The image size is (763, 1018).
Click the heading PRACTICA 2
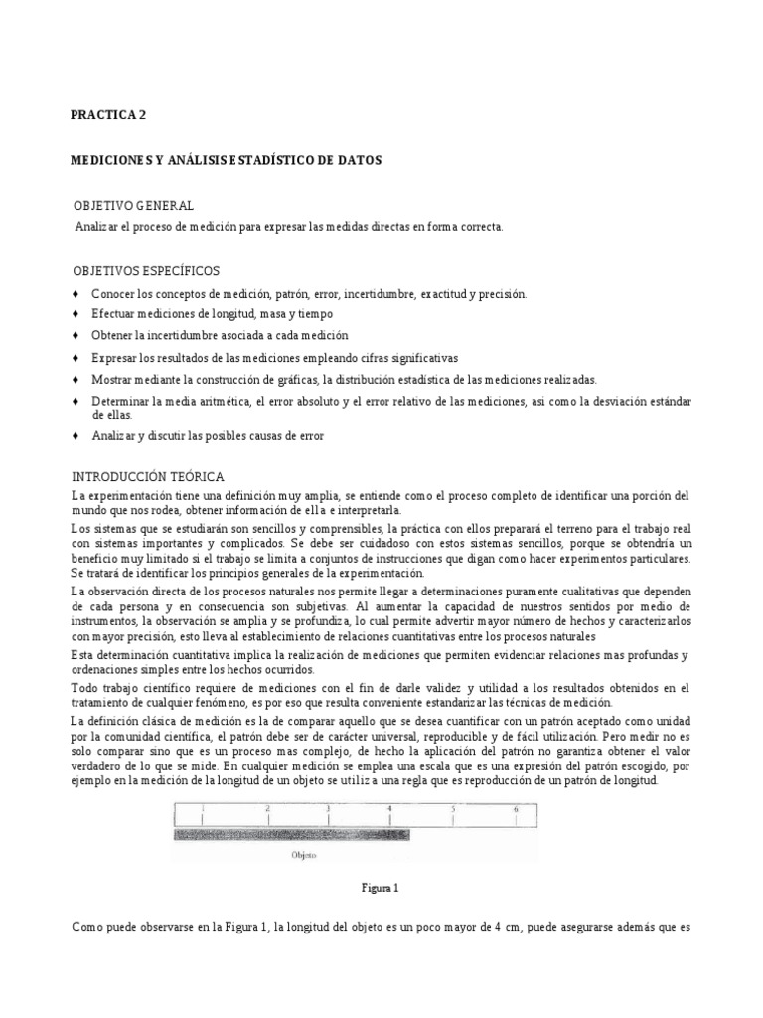pyautogui.click(x=108, y=115)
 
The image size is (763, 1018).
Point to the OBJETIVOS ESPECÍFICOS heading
pyautogui.click(x=147, y=271)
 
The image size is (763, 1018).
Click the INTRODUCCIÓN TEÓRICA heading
pyautogui.click(x=148, y=476)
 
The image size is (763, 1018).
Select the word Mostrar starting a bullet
pyautogui.click(x=112, y=379)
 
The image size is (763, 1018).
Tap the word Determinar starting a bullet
pyautogui.click(x=120, y=400)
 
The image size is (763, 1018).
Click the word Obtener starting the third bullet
pyautogui.click(x=112, y=336)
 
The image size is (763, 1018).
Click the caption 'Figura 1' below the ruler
pyautogui.click(x=381, y=887)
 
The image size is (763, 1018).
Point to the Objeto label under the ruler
pyautogui.click(x=305, y=853)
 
